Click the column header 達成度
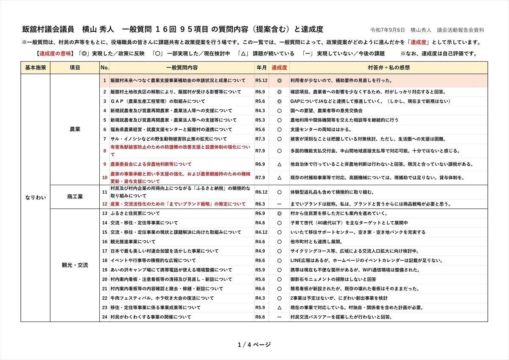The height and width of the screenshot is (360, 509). [x=280, y=67]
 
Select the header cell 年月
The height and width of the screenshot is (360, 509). [x=262, y=67]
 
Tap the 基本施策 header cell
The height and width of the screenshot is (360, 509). [x=35, y=67]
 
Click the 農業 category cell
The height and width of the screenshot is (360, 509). [x=75, y=129]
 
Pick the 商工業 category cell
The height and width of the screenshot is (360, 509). [x=75, y=197]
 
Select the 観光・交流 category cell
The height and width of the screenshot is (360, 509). [x=75, y=265]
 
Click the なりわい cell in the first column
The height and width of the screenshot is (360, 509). [x=35, y=197]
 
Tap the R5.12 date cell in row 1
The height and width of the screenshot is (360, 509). [x=261, y=80]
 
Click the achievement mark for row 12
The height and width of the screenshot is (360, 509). [x=280, y=204]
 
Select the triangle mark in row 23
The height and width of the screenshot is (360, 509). [x=280, y=307]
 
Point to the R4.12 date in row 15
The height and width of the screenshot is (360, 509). [x=261, y=232]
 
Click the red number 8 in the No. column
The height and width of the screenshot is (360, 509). [x=105, y=151]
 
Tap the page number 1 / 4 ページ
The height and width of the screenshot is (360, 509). [x=255, y=344]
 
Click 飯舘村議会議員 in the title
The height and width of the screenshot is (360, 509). [x=48, y=29]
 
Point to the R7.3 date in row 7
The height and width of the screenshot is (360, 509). [x=260, y=139]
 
